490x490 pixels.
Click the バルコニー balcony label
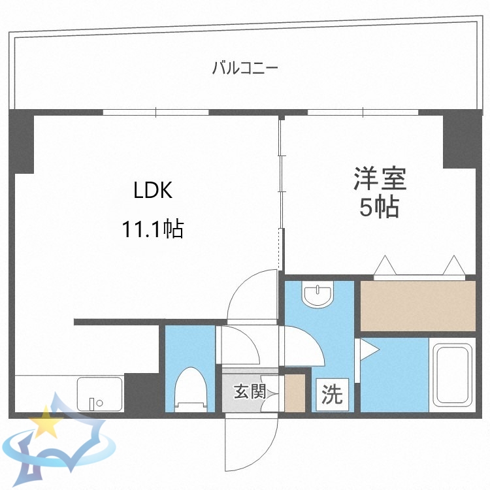[x=245, y=67]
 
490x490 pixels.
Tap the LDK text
[x=152, y=190]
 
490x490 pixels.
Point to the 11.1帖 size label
[x=152, y=229]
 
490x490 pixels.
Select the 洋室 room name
[x=380, y=178]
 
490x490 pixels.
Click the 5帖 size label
[x=380, y=208]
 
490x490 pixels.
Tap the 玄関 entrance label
[x=250, y=393]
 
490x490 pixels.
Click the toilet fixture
[x=191, y=389]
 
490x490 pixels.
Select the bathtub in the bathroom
[x=452, y=374]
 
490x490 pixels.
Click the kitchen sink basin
[x=99, y=393]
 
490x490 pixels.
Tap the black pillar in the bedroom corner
[x=460, y=140]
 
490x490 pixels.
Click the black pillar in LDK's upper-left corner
[x=22, y=141]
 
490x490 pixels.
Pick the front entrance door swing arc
[x=252, y=444]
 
